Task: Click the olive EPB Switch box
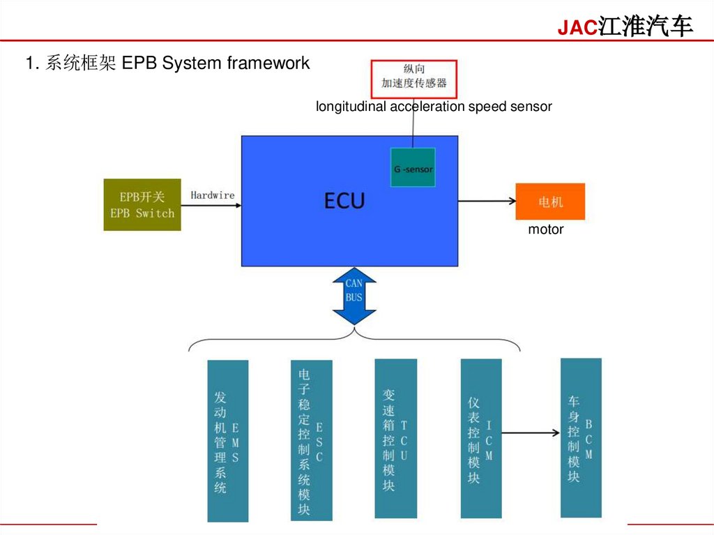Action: [142, 205]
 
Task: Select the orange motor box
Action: [550, 202]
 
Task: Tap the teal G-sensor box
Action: [413, 168]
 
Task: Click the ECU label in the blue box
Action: [344, 201]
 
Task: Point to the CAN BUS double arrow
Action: [354, 296]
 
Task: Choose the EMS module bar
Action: [228, 441]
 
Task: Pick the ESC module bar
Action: [311, 441]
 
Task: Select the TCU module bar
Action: [395, 439]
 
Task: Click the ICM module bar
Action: [481, 439]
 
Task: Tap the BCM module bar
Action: [581, 437]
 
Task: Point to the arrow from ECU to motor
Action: [486, 202]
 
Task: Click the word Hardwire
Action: [212, 195]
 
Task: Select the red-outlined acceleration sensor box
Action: [413, 79]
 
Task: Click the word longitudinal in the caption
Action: [351, 107]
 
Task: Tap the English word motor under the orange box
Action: [545, 229]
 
